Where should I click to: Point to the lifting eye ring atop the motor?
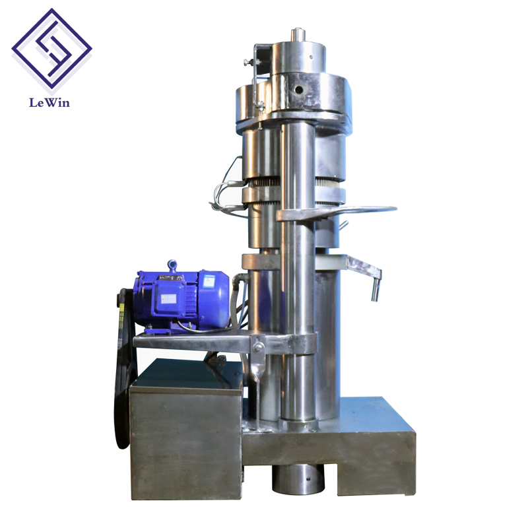coord(172,265)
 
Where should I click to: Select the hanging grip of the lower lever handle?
coord(375,289)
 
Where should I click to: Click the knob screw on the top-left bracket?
coord(246,63)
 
